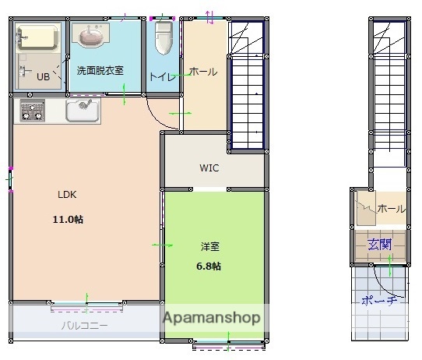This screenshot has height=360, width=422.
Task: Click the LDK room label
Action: tap(66, 195)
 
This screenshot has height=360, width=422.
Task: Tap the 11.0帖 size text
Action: tap(67, 219)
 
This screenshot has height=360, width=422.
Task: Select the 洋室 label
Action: tap(209, 246)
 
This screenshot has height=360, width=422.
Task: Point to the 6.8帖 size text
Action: tap(209, 266)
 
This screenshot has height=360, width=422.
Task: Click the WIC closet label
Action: tap(209, 168)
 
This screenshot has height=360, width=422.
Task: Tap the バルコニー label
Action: tap(85, 326)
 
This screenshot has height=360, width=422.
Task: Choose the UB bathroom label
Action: tap(44, 76)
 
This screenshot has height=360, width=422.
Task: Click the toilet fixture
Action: tap(164, 37)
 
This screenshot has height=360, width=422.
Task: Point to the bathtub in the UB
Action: tap(37, 37)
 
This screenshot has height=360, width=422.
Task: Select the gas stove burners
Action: tap(32, 111)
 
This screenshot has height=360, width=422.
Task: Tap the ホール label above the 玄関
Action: tap(391, 209)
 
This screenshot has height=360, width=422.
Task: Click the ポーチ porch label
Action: tap(382, 301)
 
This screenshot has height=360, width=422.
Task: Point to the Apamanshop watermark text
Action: tap(210, 318)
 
